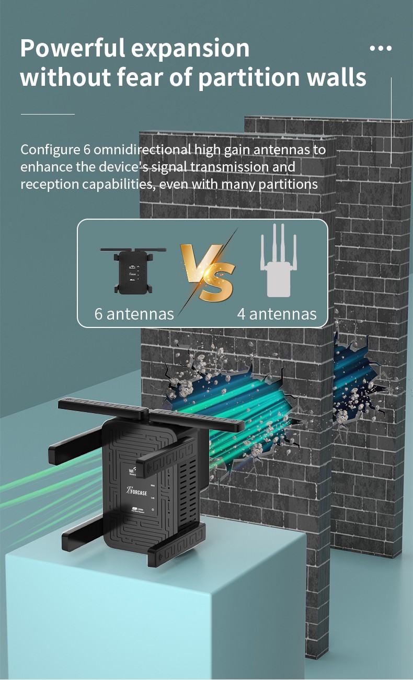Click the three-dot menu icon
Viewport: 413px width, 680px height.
pos(380,48)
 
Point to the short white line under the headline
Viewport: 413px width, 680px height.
pos(48,114)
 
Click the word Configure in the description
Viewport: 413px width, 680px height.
pos(50,150)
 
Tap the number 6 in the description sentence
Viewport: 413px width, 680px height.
pos(87,150)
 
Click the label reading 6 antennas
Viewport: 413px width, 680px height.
pos(134,314)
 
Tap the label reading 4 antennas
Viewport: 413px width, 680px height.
pos(277,314)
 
